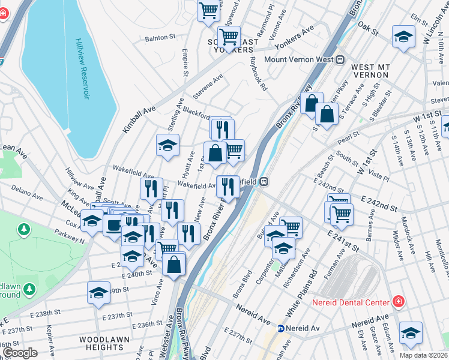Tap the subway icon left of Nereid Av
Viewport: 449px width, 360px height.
click(280, 328)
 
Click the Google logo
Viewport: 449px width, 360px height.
click(20, 353)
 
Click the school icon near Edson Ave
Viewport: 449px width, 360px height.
click(411, 332)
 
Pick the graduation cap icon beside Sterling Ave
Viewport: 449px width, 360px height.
click(168, 144)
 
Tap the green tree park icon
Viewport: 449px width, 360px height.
click(23, 229)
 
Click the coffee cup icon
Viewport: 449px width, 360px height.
click(112, 225)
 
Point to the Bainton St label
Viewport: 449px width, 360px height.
click(160, 37)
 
